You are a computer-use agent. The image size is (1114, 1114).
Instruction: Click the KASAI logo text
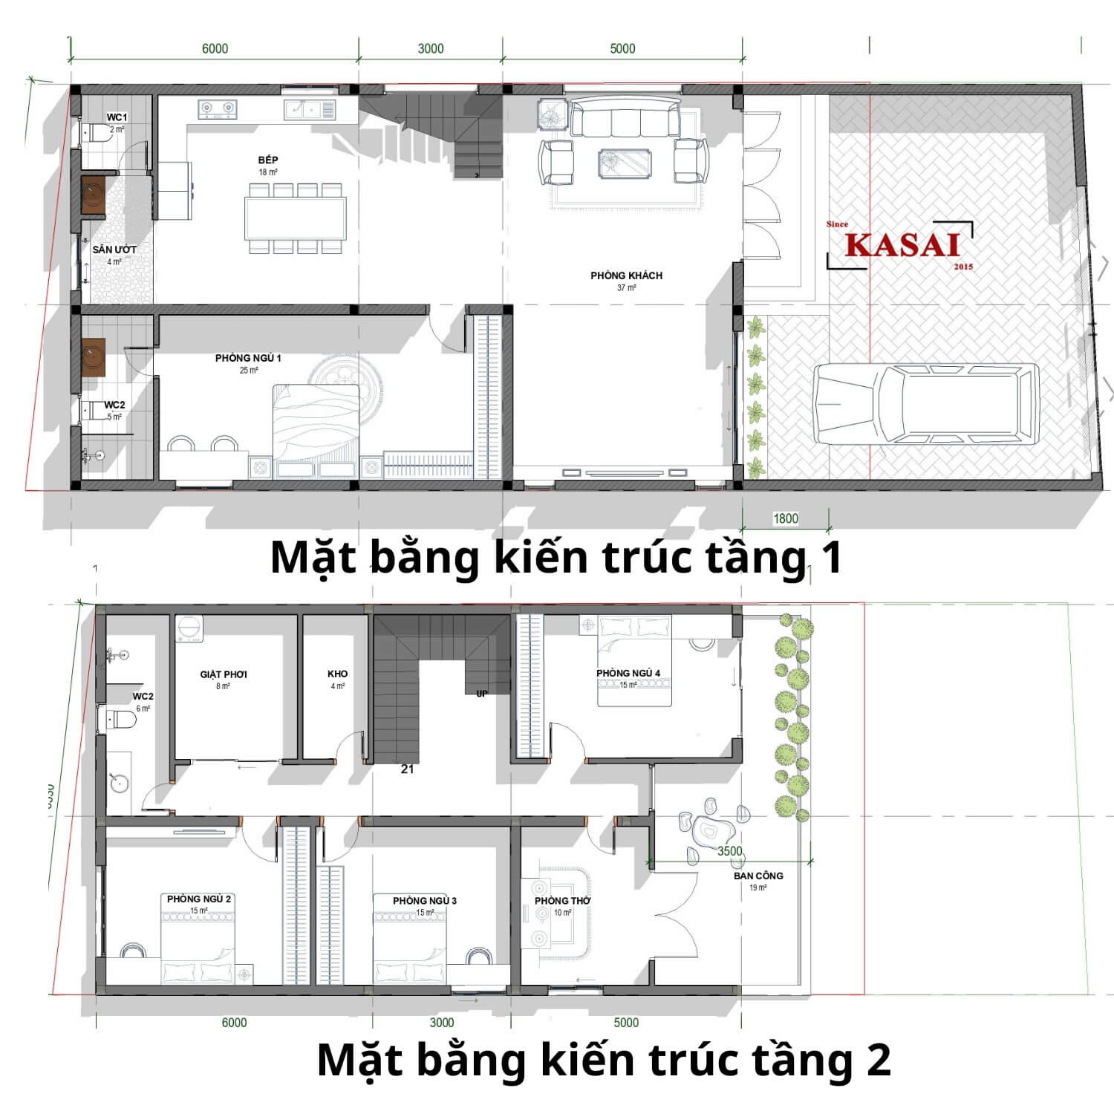click(x=902, y=245)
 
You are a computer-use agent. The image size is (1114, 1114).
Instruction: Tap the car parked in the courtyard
click(x=925, y=404)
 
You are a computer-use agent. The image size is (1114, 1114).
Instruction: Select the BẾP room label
click(x=268, y=160)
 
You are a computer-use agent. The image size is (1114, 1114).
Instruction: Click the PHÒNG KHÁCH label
click(x=626, y=276)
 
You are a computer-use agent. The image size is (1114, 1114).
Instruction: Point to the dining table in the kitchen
click(x=296, y=218)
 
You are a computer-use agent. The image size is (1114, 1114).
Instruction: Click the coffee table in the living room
click(x=625, y=163)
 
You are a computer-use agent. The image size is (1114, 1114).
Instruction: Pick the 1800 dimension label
click(x=786, y=518)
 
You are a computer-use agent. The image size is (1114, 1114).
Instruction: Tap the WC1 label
click(x=117, y=117)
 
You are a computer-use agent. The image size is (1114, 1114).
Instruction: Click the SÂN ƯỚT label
click(x=114, y=250)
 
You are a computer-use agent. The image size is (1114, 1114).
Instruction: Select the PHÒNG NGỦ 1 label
click(x=248, y=358)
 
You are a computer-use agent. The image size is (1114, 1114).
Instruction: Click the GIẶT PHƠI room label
click(x=224, y=674)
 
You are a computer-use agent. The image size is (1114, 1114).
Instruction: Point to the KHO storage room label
click(x=337, y=674)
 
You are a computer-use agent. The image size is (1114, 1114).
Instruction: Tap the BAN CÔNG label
click(x=758, y=876)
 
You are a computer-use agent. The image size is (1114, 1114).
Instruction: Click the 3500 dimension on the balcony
click(x=729, y=851)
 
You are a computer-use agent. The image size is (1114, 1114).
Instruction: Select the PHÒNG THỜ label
click(x=563, y=901)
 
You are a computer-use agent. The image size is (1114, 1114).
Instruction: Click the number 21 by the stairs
click(x=407, y=769)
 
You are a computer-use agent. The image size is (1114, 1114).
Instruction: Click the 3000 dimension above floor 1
click(x=431, y=48)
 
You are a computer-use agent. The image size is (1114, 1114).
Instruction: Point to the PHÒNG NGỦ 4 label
click(x=628, y=674)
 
